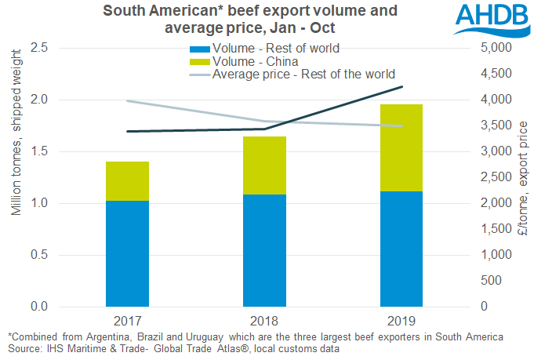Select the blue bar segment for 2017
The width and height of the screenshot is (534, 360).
pyautogui.click(x=127, y=253)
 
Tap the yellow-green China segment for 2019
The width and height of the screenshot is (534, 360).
pyautogui.click(x=401, y=147)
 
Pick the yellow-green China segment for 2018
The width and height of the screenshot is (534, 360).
pyautogui.click(x=264, y=165)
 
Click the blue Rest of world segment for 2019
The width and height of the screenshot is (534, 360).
pyautogui.click(x=401, y=249)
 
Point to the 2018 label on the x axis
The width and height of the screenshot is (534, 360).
pyautogui.click(x=264, y=322)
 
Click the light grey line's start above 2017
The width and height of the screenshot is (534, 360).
pyautogui.click(x=127, y=101)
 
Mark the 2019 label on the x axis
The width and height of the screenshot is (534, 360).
pyautogui.click(x=401, y=322)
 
